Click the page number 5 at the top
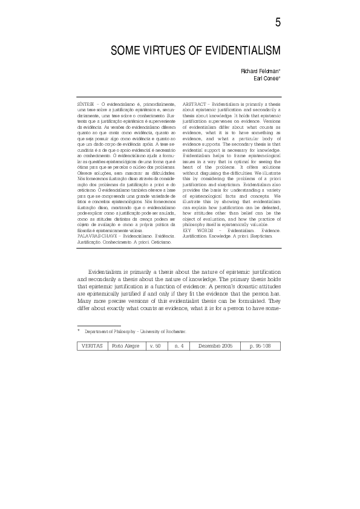(x=277, y=22)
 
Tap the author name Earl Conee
(x=266, y=79)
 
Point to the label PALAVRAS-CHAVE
(x=94, y=236)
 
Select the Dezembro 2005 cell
(x=215, y=345)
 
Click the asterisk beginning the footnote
(x=79, y=331)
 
